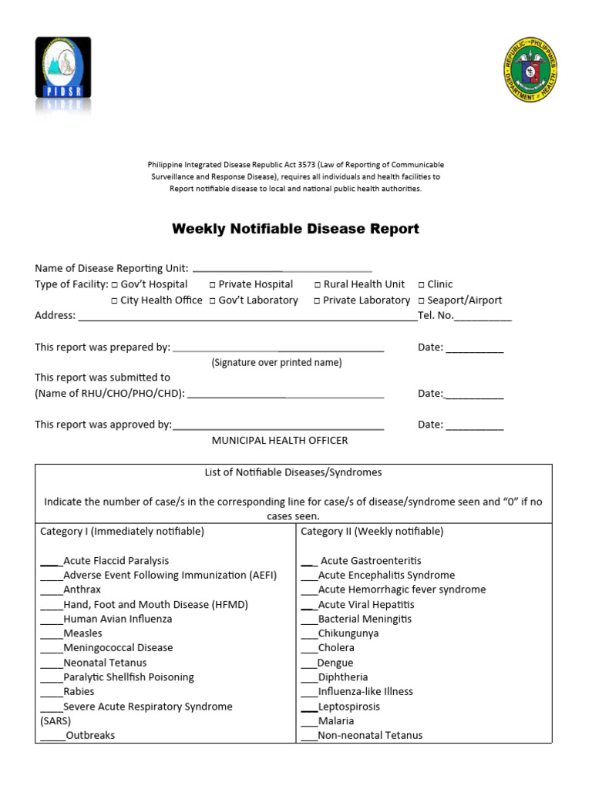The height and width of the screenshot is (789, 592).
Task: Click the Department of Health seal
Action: [530, 70]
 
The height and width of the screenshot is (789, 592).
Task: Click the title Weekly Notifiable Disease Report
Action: [295, 229]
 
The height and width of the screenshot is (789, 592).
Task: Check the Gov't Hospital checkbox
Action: [115, 285]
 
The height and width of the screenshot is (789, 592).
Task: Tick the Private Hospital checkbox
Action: [213, 285]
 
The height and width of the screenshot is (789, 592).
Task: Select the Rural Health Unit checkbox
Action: [318, 285]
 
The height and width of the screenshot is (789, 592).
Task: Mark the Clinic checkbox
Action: [422, 285]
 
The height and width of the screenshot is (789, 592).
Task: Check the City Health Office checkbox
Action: [115, 300]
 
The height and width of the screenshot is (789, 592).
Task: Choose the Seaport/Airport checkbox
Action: [422, 300]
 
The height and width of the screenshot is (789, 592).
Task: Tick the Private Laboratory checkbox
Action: [318, 300]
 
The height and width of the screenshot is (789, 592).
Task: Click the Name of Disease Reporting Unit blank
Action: [281, 270]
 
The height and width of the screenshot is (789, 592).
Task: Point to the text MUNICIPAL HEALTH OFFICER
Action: [280, 441]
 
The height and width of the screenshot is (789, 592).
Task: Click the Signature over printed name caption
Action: [277, 362]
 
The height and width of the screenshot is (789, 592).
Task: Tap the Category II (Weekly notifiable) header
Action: [372, 532]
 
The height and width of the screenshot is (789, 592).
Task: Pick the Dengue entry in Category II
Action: [335, 663]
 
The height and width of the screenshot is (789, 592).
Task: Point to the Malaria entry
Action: [336, 721]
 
